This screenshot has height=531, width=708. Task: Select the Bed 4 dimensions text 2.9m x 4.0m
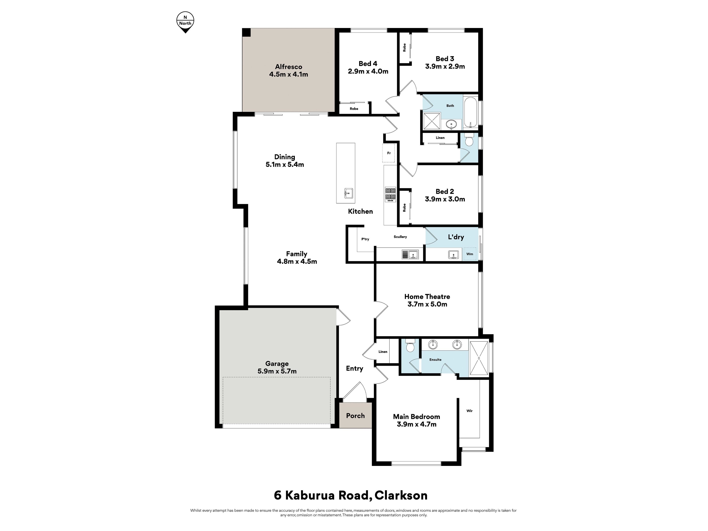point(368,71)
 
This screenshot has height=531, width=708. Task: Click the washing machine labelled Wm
point(470,254)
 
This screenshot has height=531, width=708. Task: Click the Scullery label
point(400,237)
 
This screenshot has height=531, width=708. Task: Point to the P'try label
point(365,239)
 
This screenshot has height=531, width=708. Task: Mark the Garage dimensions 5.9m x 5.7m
point(277,371)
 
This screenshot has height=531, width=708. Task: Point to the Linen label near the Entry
point(383,351)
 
